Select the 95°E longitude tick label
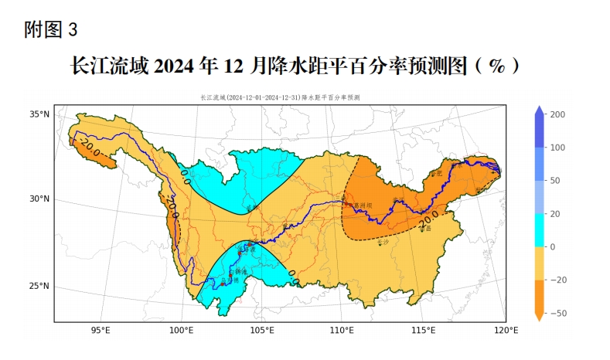(101, 331)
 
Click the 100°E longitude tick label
(181, 331)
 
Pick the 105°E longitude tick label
(262, 331)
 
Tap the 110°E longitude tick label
(342, 331)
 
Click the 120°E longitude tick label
(506, 331)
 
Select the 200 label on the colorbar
(557, 114)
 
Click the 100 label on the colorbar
(557, 148)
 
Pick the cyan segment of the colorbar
(540, 230)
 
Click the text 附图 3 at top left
(51, 30)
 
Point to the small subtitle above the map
(279, 98)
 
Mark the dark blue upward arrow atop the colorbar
(540, 110)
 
